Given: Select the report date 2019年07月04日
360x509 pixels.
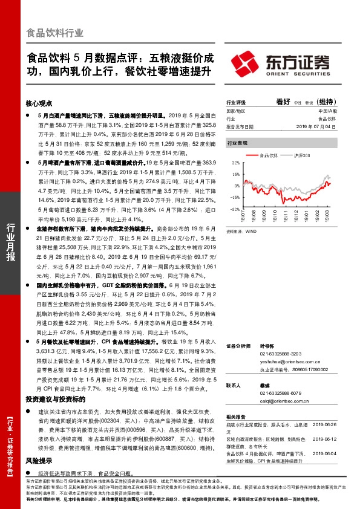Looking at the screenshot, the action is click(x=316, y=126).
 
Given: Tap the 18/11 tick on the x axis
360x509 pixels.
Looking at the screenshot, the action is click(x=284, y=213).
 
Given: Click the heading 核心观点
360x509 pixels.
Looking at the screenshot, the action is click(x=39, y=103).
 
